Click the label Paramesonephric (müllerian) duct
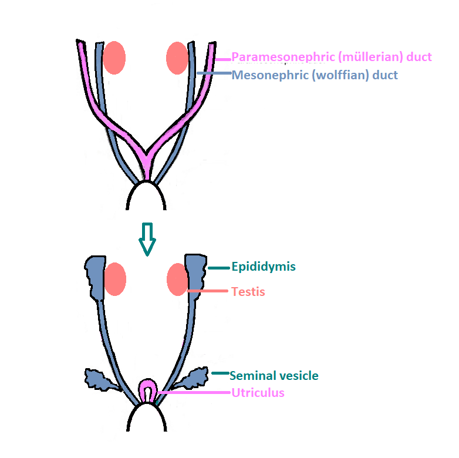(332, 57)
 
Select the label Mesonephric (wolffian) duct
(315, 75)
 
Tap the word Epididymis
(264, 267)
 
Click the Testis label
(248, 291)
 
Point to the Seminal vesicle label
(274, 375)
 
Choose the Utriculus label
(258, 393)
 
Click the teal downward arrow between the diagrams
(147, 238)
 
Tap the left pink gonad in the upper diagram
(114, 58)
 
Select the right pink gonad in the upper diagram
(177, 58)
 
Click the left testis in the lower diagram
(115, 279)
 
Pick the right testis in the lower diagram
(177, 279)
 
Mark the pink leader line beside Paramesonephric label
(223, 59)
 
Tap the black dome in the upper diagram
(146, 197)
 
